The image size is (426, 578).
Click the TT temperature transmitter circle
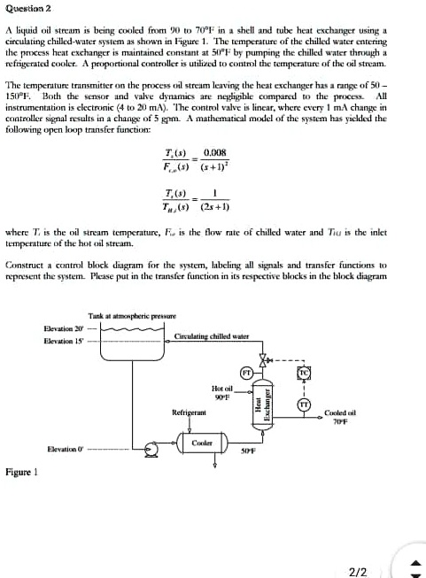(x=301, y=405)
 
